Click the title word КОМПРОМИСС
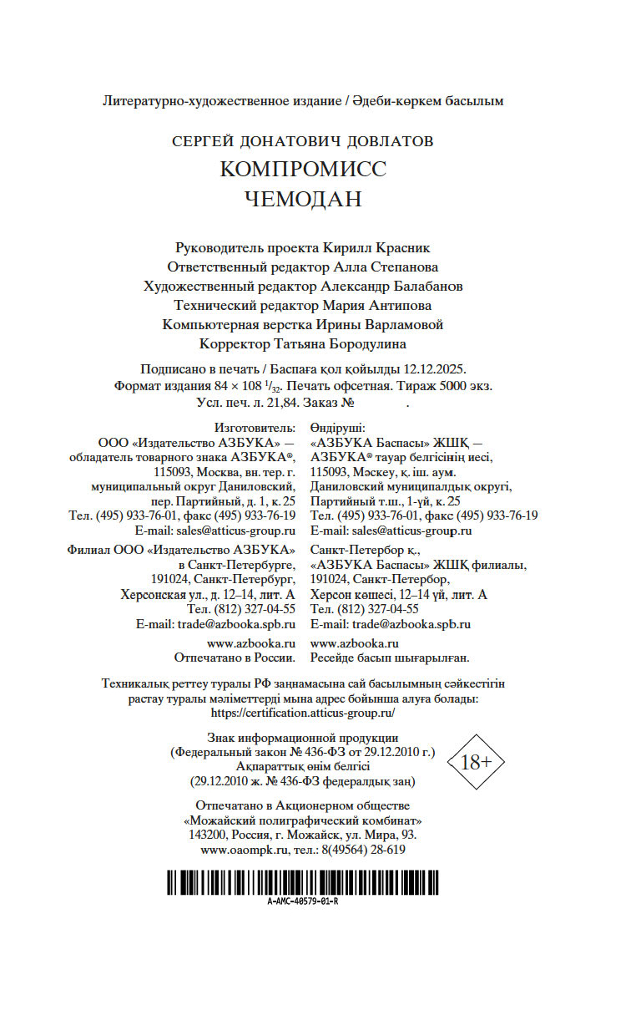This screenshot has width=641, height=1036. pyautogui.click(x=303, y=169)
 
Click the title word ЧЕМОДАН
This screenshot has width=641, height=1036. pyautogui.click(x=303, y=200)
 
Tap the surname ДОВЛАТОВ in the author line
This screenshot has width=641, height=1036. pyautogui.click(x=384, y=142)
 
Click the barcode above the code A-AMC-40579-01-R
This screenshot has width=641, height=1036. pyautogui.click(x=303, y=882)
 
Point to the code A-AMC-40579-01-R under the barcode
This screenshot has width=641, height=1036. pyautogui.click(x=303, y=903)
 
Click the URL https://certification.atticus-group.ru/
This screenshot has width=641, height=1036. pyautogui.click(x=303, y=714)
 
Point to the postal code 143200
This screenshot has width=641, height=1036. pyautogui.click(x=208, y=835)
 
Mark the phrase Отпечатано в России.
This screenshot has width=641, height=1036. pyautogui.click(x=235, y=658)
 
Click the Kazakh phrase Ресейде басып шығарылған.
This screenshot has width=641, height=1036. pyautogui.click(x=389, y=658)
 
